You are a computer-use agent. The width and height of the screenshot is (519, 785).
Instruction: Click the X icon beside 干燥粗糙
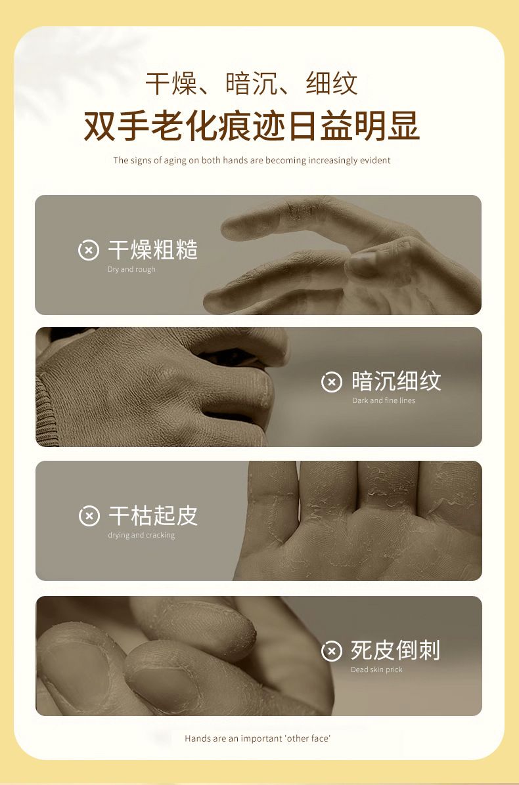tap(89, 250)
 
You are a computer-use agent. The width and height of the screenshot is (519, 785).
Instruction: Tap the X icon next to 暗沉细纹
tap(332, 382)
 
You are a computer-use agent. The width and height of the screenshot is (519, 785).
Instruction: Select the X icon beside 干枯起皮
tap(89, 516)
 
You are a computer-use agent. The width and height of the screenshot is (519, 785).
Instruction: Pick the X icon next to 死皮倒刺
tap(332, 651)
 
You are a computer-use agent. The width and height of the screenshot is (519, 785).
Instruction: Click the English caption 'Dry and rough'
tap(131, 269)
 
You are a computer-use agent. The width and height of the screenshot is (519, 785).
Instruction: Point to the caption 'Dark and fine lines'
tap(384, 400)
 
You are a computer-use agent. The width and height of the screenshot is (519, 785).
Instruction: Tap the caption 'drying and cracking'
tap(141, 535)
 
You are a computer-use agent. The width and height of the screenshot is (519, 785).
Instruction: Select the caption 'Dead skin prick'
tap(376, 670)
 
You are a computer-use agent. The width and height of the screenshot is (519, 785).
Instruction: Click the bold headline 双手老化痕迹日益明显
tap(252, 126)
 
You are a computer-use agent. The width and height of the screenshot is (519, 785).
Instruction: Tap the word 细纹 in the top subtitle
tap(332, 83)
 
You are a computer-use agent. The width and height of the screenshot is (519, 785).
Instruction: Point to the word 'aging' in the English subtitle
tap(175, 161)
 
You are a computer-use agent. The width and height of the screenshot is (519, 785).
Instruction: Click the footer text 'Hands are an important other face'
tap(258, 738)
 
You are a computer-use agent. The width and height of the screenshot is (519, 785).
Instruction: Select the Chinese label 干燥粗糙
tap(153, 250)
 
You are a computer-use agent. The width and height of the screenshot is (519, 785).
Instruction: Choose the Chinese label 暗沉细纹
tap(396, 381)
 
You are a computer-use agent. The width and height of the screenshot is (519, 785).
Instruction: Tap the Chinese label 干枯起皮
tap(153, 516)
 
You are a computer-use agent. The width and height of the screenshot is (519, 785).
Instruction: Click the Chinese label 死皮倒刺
tap(395, 650)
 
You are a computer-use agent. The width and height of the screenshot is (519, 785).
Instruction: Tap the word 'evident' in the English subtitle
tap(375, 161)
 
